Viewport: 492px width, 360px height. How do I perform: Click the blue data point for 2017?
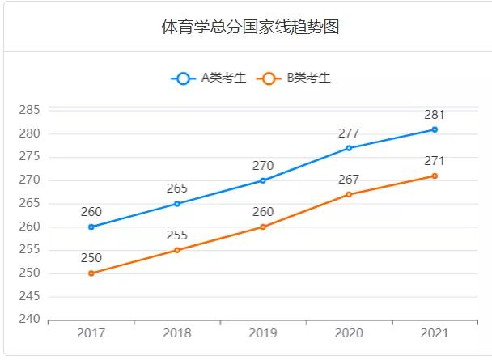[x=91, y=227]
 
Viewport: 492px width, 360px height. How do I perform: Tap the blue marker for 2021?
[x=435, y=129]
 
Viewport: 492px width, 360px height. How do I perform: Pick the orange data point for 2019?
[x=263, y=227]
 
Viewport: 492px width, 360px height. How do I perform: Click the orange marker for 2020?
[x=349, y=194]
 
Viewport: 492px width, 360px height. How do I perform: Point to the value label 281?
[x=435, y=115]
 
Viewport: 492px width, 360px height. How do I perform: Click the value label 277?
[x=349, y=133]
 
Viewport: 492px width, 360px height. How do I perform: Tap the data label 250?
[x=91, y=258]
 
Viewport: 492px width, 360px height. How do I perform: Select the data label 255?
[x=177, y=235]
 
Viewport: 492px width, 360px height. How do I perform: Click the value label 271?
[x=435, y=161]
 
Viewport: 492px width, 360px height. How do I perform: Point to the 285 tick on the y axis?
[x=29, y=110]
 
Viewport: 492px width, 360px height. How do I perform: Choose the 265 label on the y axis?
[x=29, y=204]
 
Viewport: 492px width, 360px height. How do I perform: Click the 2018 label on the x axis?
[x=177, y=333]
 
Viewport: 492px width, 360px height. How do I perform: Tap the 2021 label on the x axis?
[x=435, y=333]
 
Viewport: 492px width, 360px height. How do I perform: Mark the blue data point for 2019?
[x=263, y=180]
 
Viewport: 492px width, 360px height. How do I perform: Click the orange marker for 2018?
[x=177, y=250]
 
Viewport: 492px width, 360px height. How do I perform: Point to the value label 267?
[x=349, y=180]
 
